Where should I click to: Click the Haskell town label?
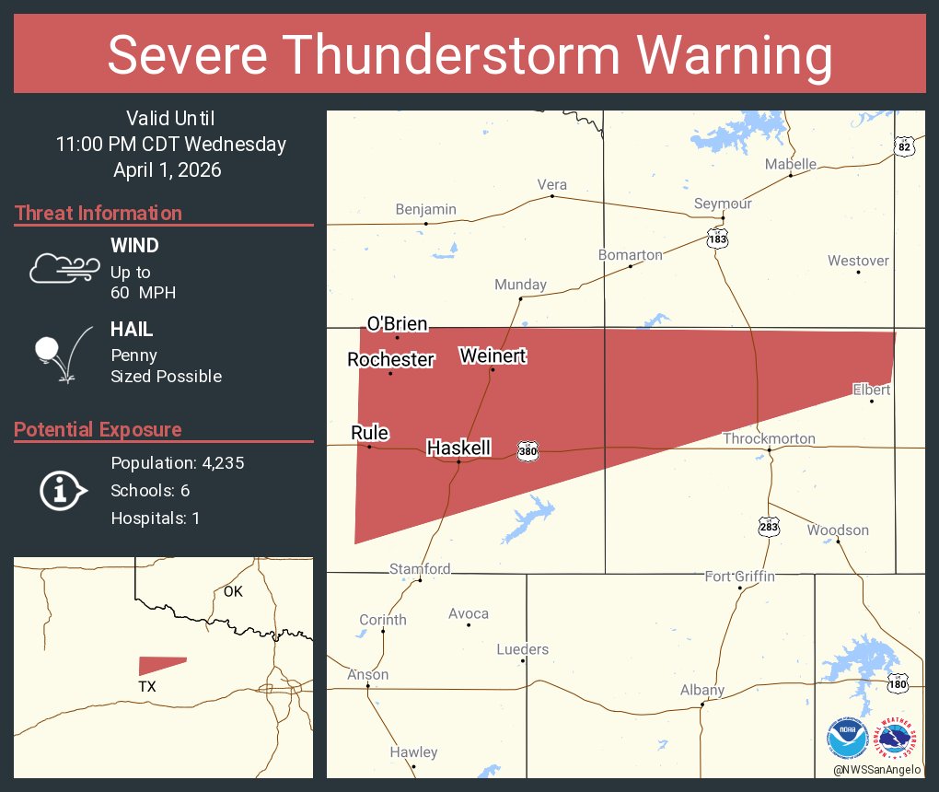pyautogui.click(x=458, y=448)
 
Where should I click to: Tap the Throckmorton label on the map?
pyautogui.click(x=769, y=438)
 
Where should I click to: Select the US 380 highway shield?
pyautogui.click(x=527, y=451)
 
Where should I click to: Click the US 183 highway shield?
pyautogui.click(x=718, y=239)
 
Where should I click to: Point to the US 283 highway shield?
pyautogui.click(x=769, y=527)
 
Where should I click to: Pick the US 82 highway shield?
pyautogui.click(x=903, y=146)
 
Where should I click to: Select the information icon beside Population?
pyautogui.click(x=62, y=490)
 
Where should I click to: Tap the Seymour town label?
pyautogui.click(x=723, y=204)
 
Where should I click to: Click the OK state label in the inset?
pyautogui.click(x=233, y=591)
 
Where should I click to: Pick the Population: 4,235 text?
pyautogui.click(x=177, y=463)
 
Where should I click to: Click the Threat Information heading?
pyautogui.click(x=99, y=213)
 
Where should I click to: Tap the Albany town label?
pyautogui.click(x=702, y=690)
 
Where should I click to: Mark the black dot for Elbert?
pyautogui.click(x=872, y=401)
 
